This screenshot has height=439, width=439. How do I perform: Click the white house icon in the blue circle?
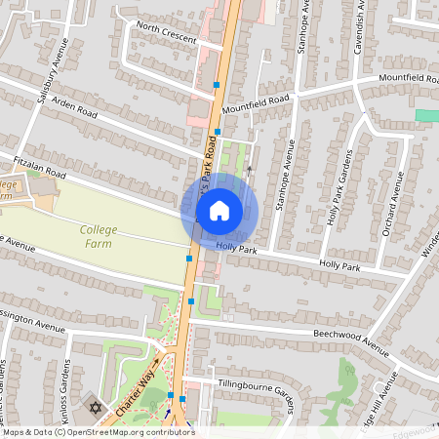pos(219,210)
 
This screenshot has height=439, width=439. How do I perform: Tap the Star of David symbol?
pos(96,406)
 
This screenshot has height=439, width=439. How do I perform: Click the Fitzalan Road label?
pos(39,165)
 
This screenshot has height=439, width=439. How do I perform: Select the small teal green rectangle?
pos(426,115)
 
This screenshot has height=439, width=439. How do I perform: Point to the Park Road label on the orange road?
pos(208,167)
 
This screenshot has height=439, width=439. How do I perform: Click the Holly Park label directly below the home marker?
pos(236,248)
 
